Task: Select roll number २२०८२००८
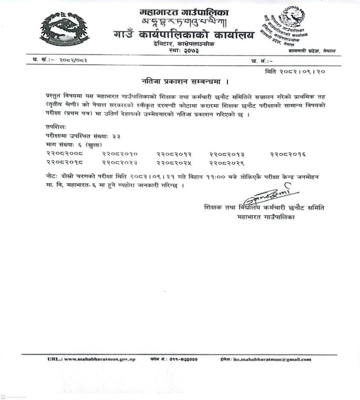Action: pyautogui.click(x=64, y=154)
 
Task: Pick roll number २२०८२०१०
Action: pyautogui.click(x=120, y=154)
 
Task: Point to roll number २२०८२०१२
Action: pyautogui.click(x=174, y=154)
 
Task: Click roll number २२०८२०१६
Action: pyautogui.click(x=288, y=154)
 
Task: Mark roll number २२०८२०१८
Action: pyautogui.click(x=64, y=163)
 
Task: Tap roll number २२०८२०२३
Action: pyautogui.click(x=120, y=163)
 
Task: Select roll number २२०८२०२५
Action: pyautogui.click(x=174, y=163)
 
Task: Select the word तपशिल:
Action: pyautogui.click(x=55, y=126)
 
